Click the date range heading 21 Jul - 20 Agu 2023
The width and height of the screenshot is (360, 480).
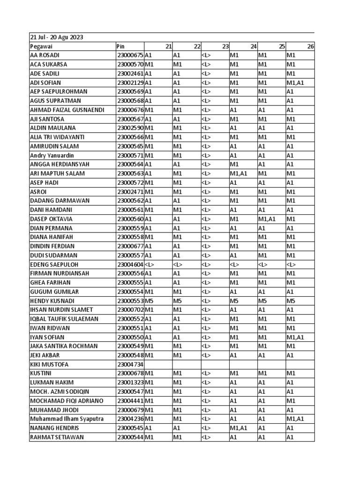(x=53, y=37)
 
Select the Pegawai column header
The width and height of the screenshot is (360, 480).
(x=41, y=46)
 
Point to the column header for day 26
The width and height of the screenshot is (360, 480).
(x=310, y=46)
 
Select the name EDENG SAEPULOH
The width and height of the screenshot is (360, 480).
(x=52, y=264)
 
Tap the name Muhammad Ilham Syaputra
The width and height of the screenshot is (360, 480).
(x=67, y=419)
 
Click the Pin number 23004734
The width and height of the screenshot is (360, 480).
(x=130, y=364)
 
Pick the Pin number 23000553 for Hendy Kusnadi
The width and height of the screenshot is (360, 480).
(x=130, y=300)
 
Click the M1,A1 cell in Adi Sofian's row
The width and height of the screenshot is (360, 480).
(x=295, y=82)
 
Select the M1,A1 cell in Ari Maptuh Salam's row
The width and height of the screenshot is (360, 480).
(x=239, y=173)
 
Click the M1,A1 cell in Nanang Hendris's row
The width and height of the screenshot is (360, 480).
(x=239, y=428)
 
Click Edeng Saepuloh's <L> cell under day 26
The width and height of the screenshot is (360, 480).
(x=291, y=264)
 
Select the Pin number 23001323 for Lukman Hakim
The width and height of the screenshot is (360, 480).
(x=130, y=382)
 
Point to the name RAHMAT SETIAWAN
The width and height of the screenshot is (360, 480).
(x=53, y=437)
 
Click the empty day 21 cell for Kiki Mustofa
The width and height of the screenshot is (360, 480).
(x=158, y=364)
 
